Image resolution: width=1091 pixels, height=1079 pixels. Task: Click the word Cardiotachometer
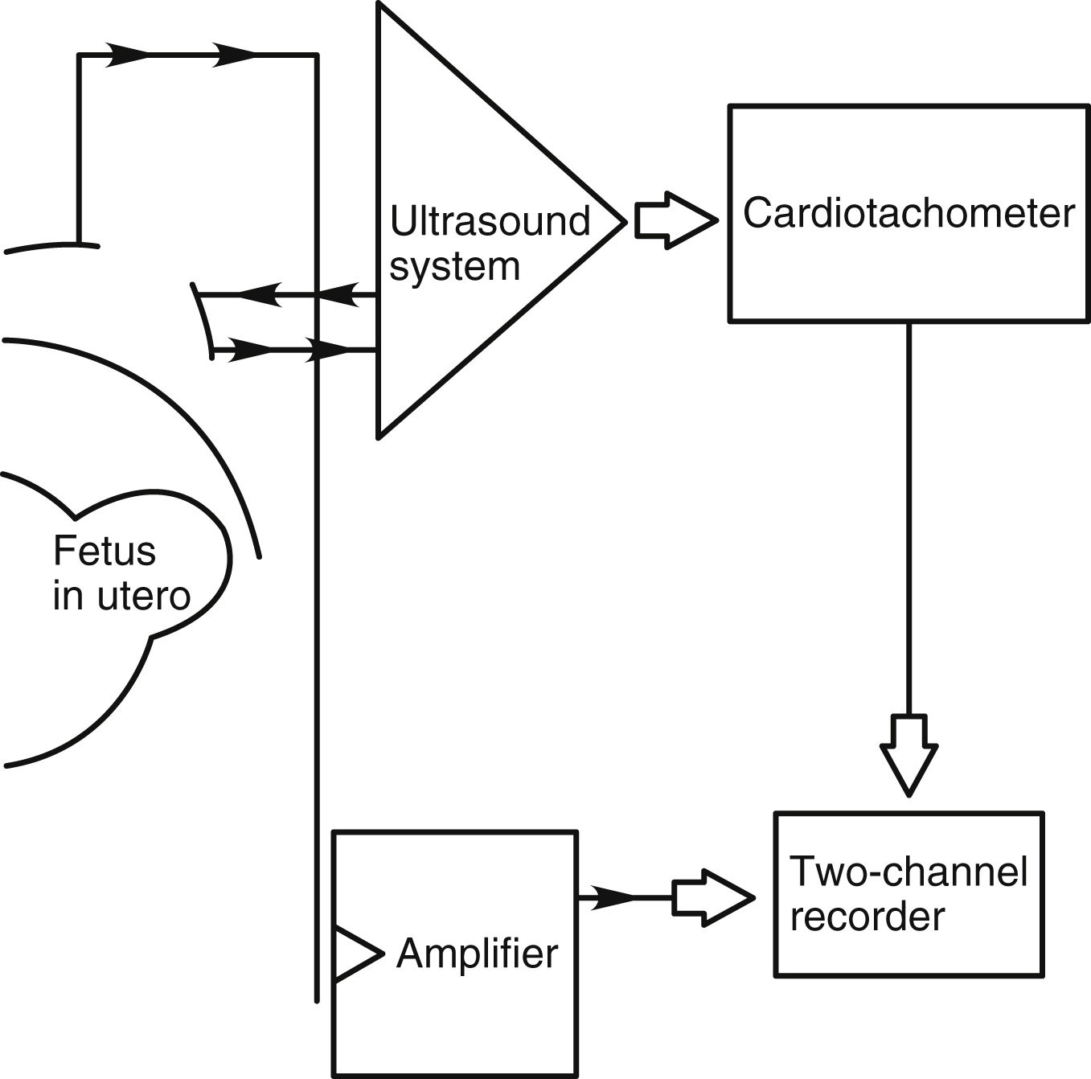(x=908, y=214)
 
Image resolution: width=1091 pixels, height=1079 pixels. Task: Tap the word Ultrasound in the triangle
(x=490, y=221)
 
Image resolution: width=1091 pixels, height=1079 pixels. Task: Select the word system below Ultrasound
(x=454, y=266)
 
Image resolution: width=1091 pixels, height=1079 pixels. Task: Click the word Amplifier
(x=477, y=954)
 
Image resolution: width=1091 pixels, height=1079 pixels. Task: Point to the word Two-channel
(x=908, y=871)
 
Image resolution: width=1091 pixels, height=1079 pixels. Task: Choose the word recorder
(x=867, y=917)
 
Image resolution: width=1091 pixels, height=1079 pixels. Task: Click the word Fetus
(x=105, y=552)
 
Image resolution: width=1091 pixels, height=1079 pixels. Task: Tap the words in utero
(x=121, y=597)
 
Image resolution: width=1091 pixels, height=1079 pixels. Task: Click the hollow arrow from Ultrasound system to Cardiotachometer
(x=675, y=219)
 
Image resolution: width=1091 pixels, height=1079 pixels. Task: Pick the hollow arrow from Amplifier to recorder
(x=712, y=897)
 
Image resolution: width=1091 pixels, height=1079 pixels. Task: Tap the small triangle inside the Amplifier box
(x=354, y=954)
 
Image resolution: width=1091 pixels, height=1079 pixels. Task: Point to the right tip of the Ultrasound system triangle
(x=623, y=220)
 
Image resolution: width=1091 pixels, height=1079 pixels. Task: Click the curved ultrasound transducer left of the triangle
(x=202, y=320)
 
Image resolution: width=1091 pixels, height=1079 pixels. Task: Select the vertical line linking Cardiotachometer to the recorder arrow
(x=909, y=515)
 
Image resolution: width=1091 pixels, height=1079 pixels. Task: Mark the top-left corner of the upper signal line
(x=79, y=55)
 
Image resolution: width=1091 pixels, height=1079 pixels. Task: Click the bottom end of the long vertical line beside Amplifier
(x=317, y=1000)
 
